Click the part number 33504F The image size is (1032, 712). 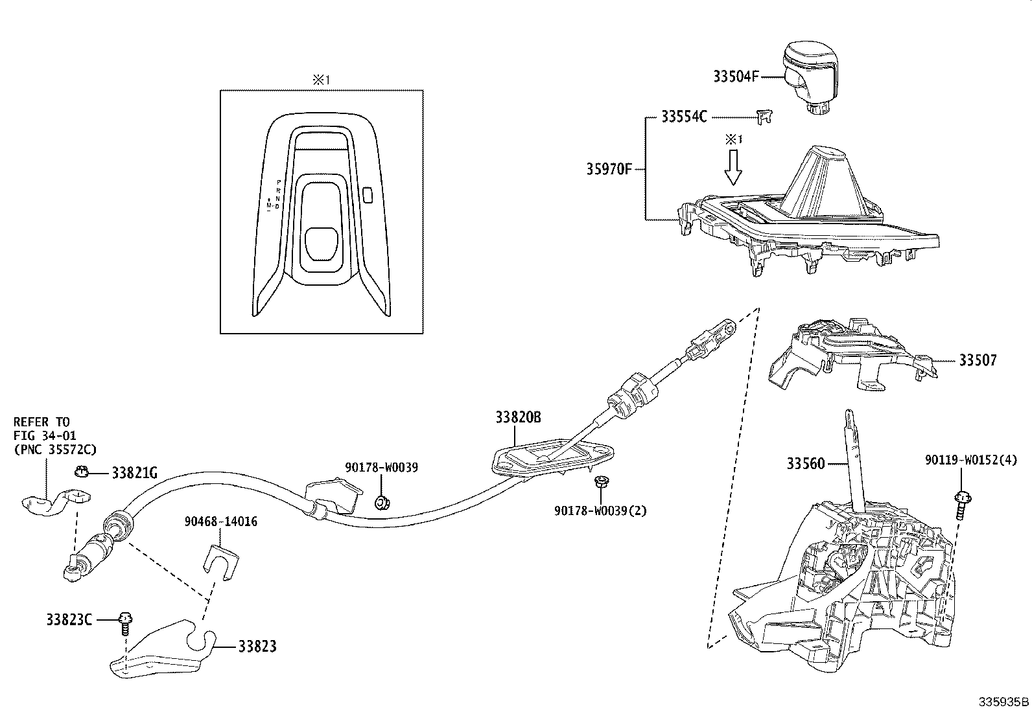click(736, 76)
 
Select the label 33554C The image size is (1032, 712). click(684, 117)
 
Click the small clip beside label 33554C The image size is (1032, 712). click(764, 117)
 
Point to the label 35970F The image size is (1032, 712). click(609, 170)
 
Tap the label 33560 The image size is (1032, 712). click(806, 463)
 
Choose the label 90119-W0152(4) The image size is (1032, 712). click(971, 460)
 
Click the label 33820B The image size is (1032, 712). click(518, 418)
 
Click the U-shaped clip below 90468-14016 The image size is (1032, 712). click(220, 558)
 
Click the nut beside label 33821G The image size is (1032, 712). click(82, 472)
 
